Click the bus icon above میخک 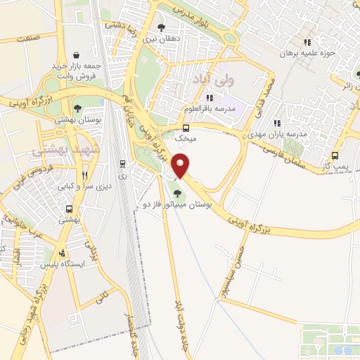click(x=186, y=128)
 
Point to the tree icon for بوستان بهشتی click(x=77, y=109)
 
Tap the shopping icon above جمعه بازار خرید click(x=76, y=55)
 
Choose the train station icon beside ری click(x=123, y=165)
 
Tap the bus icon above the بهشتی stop click(x=69, y=209)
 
